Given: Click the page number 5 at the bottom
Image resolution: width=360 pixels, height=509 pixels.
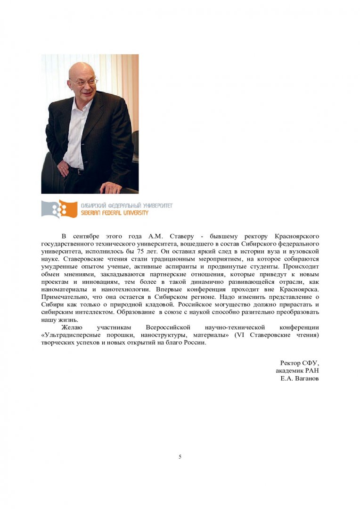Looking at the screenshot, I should click(180, 456).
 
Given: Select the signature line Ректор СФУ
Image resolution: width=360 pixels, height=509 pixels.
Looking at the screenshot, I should click(300, 363).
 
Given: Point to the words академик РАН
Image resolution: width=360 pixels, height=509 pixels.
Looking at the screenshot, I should click(297, 371).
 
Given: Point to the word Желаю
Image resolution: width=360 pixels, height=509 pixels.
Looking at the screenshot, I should click(72, 327).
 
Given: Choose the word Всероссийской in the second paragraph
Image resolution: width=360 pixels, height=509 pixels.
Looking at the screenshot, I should click(168, 327).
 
